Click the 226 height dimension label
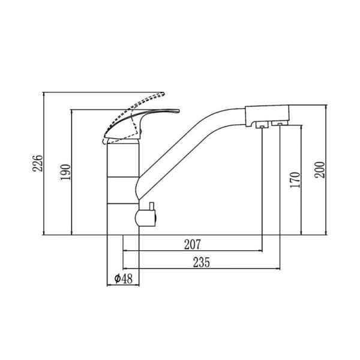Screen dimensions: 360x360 tap(38, 163)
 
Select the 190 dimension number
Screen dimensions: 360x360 tap(66, 172)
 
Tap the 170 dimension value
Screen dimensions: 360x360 tap(295, 180)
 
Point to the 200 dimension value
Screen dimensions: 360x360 tap(320, 170)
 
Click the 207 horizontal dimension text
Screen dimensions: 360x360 tap(193, 245)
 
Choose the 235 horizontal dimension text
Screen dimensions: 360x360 tap(202, 262)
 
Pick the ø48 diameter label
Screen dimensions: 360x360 tap(123, 279)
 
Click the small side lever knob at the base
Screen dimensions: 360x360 tap(152, 206)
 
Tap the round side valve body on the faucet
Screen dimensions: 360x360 tap(145, 218)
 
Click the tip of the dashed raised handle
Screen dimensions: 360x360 tap(164, 94)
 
